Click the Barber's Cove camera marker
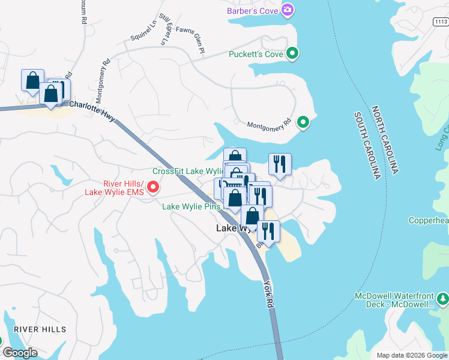click(288, 10)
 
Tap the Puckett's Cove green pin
click(292, 54)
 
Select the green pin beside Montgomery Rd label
click(304, 122)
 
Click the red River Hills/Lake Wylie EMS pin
click(152, 188)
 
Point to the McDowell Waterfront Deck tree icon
click(442, 298)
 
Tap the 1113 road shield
click(440, 22)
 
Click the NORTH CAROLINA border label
click(384, 140)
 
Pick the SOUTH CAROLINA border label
click(367, 145)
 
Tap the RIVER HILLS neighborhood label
click(40, 329)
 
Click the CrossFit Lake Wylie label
click(188, 171)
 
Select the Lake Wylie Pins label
click(192, 206)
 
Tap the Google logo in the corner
click(20, 353)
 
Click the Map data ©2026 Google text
click(412, 355)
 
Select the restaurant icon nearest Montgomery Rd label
click(280, 164)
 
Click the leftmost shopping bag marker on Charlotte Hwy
click(32, 80)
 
